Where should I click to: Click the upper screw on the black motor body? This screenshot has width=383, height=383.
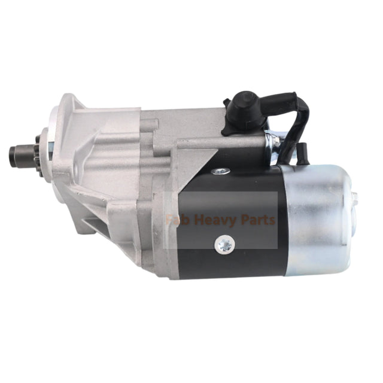pos(221,171)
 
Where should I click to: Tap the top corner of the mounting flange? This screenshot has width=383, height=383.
pos(68,96)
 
